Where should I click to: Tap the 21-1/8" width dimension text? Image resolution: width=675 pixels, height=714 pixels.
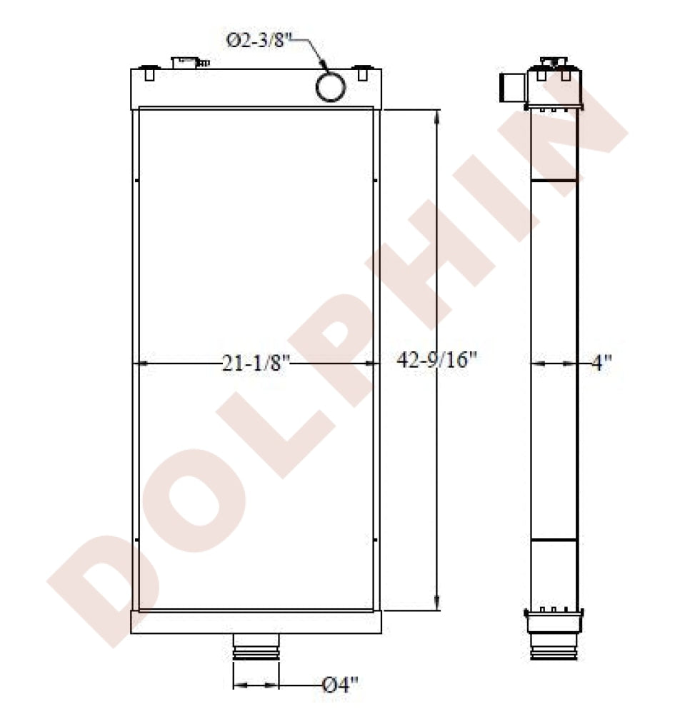click(256, 363)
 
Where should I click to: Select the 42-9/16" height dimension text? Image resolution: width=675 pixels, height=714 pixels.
click(436, 360)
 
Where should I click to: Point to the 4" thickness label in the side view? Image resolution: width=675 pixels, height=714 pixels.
click(601, 363)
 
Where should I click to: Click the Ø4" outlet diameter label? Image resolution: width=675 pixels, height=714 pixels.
click(340, 685)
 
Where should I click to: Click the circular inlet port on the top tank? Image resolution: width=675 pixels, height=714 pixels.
click(331, 86)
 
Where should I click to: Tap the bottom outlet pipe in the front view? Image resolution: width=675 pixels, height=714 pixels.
click(256, 647)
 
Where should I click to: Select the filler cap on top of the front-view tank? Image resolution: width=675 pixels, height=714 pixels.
click(189, 63)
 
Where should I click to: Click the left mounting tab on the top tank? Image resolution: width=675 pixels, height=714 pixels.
click(149, 74)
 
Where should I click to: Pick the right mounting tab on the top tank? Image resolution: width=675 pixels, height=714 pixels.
click(363, 74)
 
